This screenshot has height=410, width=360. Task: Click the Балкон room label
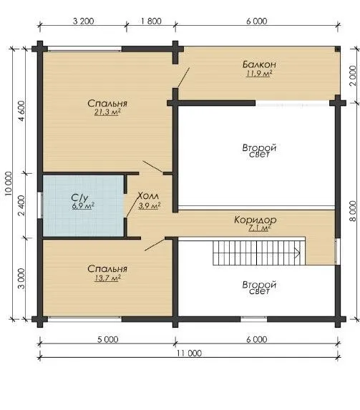point(259,64)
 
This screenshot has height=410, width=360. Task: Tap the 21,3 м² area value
point(107,112)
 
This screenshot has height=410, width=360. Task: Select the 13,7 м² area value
point(107,278)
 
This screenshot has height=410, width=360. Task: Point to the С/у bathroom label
point(79,197)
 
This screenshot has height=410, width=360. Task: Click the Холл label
point(148,195)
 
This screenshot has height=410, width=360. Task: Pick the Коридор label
point(255,220)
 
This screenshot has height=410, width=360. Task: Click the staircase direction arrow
point(297,253)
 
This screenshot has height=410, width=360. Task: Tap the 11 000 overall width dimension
point(189,353)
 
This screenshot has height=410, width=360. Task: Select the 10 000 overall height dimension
point(9,183)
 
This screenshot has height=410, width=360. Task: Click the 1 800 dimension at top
point(151,21)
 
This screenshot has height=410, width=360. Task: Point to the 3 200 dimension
point(83,21)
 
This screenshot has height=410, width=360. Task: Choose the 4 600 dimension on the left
point(21,111)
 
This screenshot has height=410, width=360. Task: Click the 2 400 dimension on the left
point(21,205)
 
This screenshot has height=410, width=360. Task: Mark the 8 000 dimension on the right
point(353,211)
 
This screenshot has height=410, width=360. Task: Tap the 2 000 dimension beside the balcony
point(353,76)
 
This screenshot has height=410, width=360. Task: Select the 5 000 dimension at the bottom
point(108,339)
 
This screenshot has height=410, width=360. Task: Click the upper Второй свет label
point(259,150)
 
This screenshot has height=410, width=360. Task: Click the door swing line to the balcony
point(183,77)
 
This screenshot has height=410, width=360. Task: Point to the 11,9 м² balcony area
point(259,74)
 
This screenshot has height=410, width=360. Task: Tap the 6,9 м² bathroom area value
point(83,206)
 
